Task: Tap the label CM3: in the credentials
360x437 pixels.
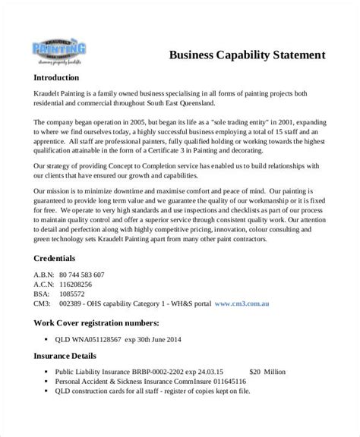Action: pos(44,303)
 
